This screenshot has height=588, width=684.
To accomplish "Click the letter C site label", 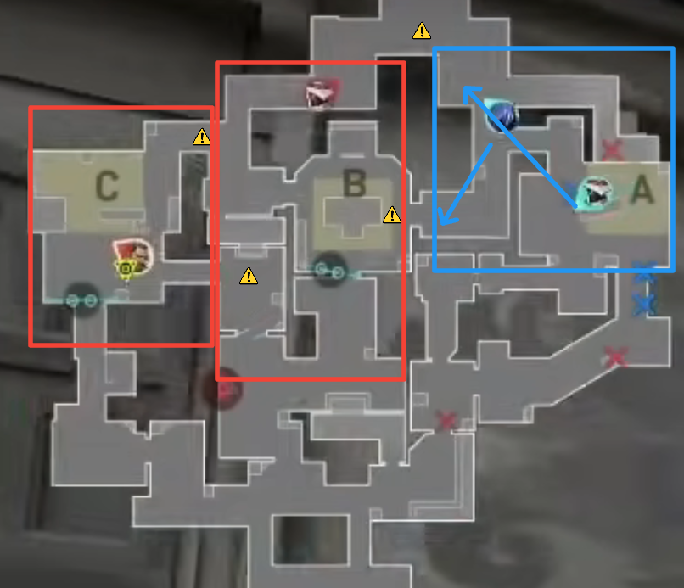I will (x=106, y=186).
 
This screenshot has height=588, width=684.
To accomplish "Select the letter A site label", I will (x=642, y=190).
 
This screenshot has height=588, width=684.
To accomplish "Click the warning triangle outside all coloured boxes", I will (x=422, y=31).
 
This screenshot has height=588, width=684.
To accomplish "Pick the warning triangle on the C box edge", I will (x=201, y=136).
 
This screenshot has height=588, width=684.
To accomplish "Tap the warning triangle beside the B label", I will (x=391, y=215).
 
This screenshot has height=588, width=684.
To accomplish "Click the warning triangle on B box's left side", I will (x=248, y=275).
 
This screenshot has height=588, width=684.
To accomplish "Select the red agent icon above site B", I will (x=321, y=93).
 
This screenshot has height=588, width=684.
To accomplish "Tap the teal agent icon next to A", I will (x=594, y=194).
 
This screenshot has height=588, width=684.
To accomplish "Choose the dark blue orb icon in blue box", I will (x=502, y=115).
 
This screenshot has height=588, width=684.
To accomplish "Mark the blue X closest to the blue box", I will (x=645, y=276).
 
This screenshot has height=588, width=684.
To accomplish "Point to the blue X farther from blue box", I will (x=645, y=303).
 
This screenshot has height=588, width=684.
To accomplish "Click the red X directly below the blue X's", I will (x=615, y=357).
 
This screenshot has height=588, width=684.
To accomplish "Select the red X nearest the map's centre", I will (x=446, y=420).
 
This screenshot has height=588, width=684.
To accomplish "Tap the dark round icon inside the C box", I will (x=80, y=299).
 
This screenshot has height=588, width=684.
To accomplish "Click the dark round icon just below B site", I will (x=328, y=270).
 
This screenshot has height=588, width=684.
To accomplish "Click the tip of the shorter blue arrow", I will (x=442, y=225).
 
